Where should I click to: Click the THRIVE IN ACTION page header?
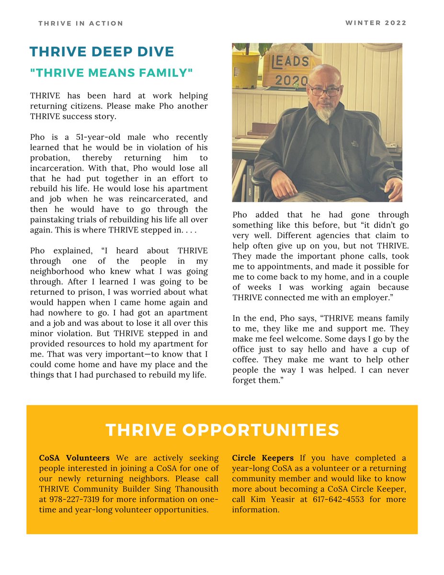coord(81,23)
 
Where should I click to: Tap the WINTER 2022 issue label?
coord(376,23)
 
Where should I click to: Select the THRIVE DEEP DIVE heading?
coord(102,52)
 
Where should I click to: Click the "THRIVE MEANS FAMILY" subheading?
coord(111,73)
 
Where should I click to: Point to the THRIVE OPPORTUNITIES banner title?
coord(222,430)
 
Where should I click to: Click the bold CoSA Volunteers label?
coord(74,458)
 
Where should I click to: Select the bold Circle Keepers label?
coord(263,458)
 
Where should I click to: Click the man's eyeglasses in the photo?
coord(324,90)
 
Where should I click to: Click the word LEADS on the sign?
coord(290,62)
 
